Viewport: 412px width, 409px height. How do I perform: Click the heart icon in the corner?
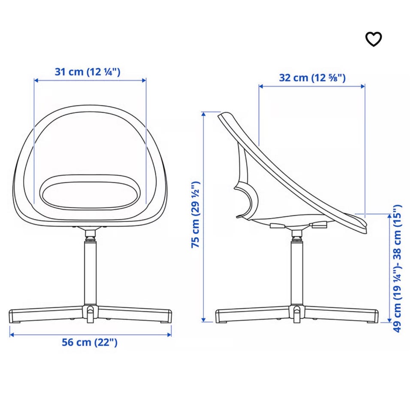click(373, 39)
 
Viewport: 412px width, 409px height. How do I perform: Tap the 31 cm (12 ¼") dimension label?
click(88, 72)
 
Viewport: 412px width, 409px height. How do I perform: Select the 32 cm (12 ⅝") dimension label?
click(312, 78)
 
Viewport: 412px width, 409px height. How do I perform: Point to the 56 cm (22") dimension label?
click(90, 342)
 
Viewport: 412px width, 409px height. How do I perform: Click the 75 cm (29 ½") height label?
click(196, 214)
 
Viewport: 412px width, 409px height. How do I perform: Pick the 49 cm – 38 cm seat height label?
click(397, 268)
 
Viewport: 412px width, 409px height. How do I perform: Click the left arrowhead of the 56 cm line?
click(12, 335)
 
